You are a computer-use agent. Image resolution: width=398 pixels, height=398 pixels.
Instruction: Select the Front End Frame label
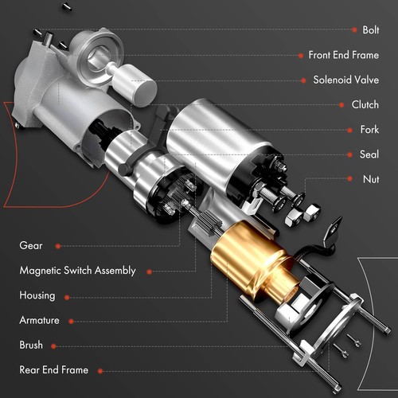pyautogui.click(x=343, y=55)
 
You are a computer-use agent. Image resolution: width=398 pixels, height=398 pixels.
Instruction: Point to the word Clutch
pyautogui.click(x=365, y=104)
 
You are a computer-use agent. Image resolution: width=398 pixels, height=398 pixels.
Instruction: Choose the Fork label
pyautogui.click(x=369, y=129)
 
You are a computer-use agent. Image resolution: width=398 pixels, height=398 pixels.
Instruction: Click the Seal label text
pyautogui.click(x=369, y=154)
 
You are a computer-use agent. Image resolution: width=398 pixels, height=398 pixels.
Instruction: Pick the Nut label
pyautogui.click(x=370, y=179)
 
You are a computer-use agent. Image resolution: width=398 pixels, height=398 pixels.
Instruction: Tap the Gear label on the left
pyautogui.click(x=31, y=246)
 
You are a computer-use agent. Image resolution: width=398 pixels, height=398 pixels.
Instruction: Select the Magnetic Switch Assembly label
pyautogui.click(x=77, y=271)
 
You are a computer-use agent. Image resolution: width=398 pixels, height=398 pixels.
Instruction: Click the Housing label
pyautogui.click(x=37, y=295)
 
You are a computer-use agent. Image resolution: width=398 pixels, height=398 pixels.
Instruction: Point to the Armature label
pyautogui.click(x=40, y=320)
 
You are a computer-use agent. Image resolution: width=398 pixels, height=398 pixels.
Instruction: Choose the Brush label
pyautogui.click(x=31, y=345)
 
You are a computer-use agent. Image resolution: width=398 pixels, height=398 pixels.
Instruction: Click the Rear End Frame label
pyautogui.click(x=53, y=370)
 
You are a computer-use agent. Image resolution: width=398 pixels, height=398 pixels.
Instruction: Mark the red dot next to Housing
pyautogui.click(x=66, y=296)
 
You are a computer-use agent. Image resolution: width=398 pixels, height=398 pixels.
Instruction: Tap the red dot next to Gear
pyautogui.click(x=57, y=246)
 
